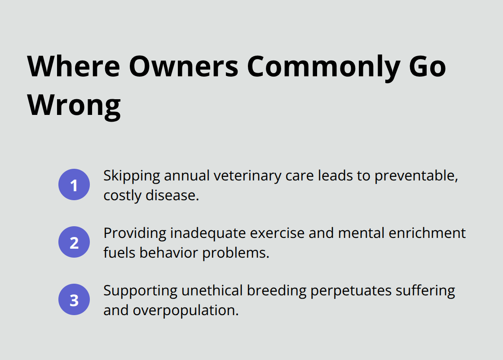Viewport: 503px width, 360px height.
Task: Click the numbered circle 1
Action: click(x=74, y=184)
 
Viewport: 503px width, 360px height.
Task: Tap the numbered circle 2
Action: click(x=74, y=242)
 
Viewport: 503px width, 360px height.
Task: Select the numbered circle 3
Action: click(x=74, y=299)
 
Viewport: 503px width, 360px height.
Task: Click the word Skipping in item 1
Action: click(x=132, y=176)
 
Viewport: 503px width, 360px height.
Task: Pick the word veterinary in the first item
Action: click(x=247, y=176)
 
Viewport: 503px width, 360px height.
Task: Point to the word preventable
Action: click(x=416, y=176)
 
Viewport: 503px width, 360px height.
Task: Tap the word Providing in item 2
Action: click(x=135, y=233)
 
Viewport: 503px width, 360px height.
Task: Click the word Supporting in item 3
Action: click(x=140, y=291)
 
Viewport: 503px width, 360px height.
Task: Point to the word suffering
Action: click(x=425, y=291)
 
